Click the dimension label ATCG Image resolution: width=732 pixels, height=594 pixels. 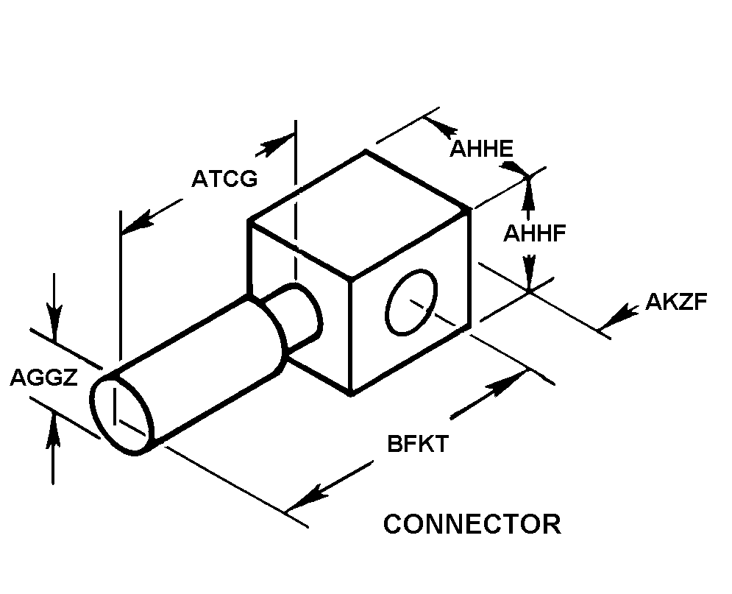[x=224, y=178]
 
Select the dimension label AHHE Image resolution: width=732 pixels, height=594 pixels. [x=481, y=149]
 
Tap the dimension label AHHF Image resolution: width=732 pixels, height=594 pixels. [x=535, y=233]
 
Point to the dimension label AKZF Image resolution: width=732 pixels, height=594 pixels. [x=676, y=302]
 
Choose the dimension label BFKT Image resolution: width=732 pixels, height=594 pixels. [x=419, y=443]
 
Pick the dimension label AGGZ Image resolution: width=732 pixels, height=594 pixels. [x=43, y=378]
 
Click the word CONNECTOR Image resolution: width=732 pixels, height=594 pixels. [x=472, y=523]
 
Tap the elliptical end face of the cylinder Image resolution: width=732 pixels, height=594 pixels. [x=122, y=414]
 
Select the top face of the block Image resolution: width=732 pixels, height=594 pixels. [x=358, y=214]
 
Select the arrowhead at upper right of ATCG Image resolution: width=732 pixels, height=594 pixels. [x=275, y=144]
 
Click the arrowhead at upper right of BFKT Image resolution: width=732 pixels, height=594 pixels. [x=506, y=383]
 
